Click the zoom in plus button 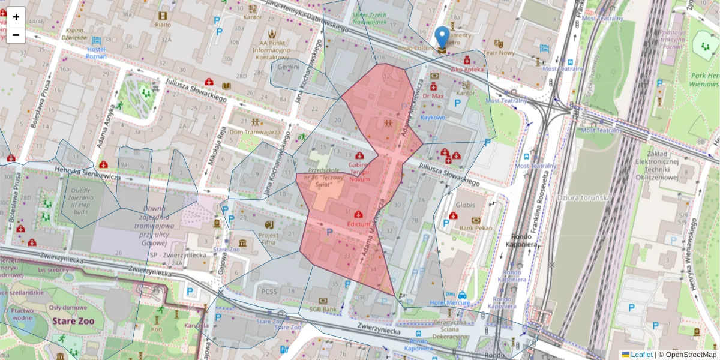coord(16,16)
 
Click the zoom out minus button coord(16,35)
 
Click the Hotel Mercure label coord(450,303)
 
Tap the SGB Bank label coord(323,309)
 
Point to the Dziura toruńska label coord(584,197)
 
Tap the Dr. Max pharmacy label coord(433,96)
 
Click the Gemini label coord(288,67)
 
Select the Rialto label coord(163,25)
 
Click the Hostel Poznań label coord(96,52)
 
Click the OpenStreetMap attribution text coord(691,355)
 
